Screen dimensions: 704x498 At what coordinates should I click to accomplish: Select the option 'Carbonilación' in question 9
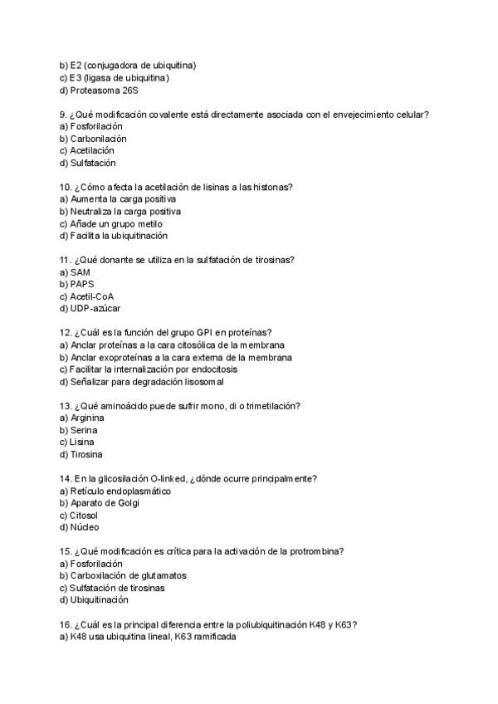98,139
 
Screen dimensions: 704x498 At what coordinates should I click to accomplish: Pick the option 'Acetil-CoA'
91,296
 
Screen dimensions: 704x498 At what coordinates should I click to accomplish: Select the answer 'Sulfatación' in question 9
93,163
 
